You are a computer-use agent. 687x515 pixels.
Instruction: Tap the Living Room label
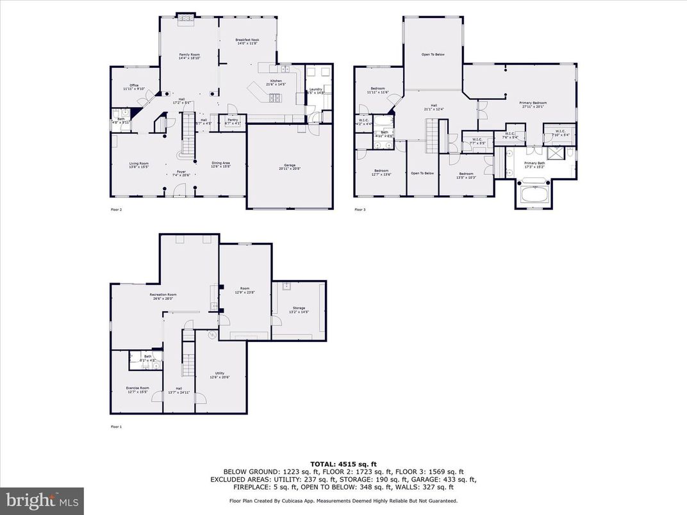point(139,165)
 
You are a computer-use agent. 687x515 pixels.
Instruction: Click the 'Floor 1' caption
point(116,427)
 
